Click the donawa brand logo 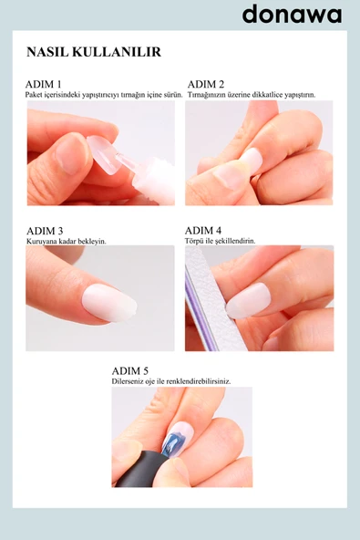[x=292, y=15]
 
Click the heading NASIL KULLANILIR [x=94, y=52]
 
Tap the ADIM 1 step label [x=44, y=84]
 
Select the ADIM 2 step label [x=206, y=84]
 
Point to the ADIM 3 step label [x=45, y=231]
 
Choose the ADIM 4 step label [x=203, y=231]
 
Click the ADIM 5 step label [x=130, y=371]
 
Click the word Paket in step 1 [x=34, y=95]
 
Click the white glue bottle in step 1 [x=154, y=180]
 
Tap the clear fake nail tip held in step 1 [x=105, y=154]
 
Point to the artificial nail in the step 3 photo [x=109, y=303]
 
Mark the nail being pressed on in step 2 [x=252, y=161]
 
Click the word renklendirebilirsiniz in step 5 [x=199, y=382]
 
